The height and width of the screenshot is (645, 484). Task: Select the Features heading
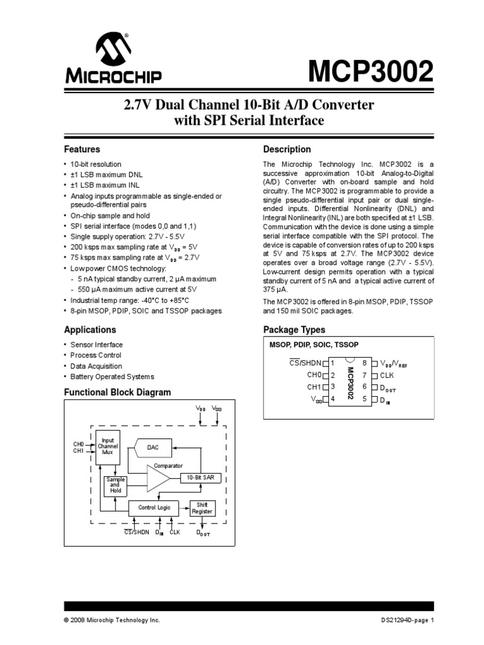coord(82,150)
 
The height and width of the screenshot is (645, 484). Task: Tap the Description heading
coord(287,150)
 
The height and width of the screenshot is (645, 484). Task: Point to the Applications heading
coord(90,330)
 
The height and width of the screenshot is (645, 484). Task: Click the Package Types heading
coord(294,330)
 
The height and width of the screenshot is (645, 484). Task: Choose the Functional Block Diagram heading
coord(117,392)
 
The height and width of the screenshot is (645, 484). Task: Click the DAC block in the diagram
coord(154,447)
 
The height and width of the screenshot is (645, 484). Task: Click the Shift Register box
coord(202,508)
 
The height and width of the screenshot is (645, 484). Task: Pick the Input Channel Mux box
coord(108,447)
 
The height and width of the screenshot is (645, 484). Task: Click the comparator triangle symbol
coord(158,479)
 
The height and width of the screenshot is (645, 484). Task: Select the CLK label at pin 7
coord(387,375)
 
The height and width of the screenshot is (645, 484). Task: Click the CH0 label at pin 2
coord(314,375)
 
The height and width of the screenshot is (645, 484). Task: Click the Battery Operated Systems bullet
coord(112,377)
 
